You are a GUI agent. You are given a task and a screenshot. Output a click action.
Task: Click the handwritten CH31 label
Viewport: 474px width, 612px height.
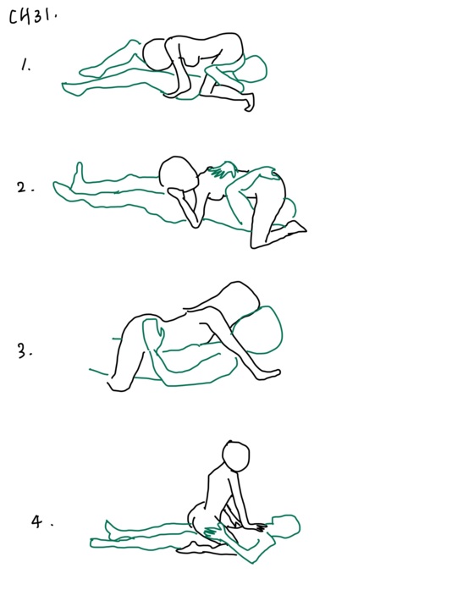(x=33, y=16)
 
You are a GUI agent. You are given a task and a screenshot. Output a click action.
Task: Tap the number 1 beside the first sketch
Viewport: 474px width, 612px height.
(x=25, y=64)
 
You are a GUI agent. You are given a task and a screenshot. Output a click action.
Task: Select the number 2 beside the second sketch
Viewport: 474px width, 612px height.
(x=25, y=187)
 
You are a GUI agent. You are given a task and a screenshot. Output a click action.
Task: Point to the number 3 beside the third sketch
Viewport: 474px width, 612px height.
(x=25, y=351)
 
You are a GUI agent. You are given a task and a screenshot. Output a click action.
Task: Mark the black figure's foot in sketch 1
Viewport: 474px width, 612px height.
(x=250, y=102)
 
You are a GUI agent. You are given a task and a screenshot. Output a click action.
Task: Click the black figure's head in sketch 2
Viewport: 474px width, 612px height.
(x=179, y=174)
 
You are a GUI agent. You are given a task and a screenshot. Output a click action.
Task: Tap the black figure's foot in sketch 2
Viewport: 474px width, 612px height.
(x=295, y=227)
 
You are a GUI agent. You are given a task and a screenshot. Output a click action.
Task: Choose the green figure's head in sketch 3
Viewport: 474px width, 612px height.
(x=261, y=330)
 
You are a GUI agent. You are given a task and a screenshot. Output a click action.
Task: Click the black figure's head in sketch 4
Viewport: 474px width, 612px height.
(x=236, y=456)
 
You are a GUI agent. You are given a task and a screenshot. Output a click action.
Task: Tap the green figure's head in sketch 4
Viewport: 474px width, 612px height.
(x=287, y=526)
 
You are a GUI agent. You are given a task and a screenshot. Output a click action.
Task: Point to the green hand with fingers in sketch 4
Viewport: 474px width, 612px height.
(x=212, y=531)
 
